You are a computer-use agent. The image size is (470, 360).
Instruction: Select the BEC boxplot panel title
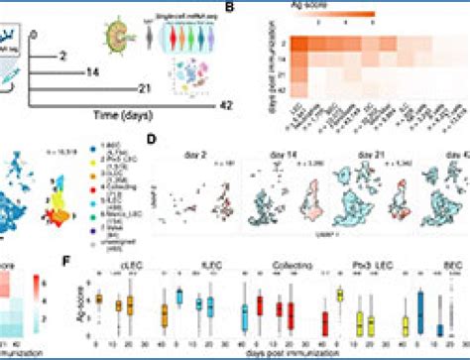(x=432, y=265)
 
